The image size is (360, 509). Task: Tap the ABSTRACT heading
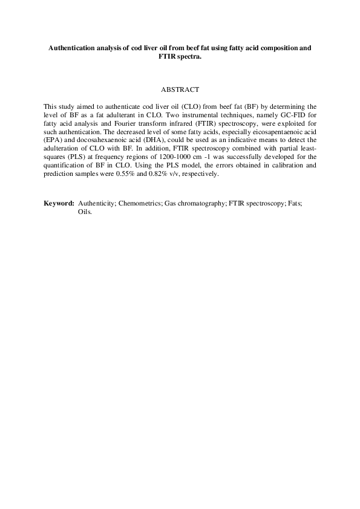point(180,89)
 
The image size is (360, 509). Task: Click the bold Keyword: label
point(59,203)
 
